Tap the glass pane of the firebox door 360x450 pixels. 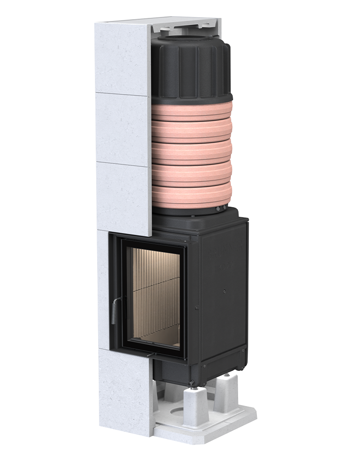click(155, 297)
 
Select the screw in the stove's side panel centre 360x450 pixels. click(224, 291)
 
